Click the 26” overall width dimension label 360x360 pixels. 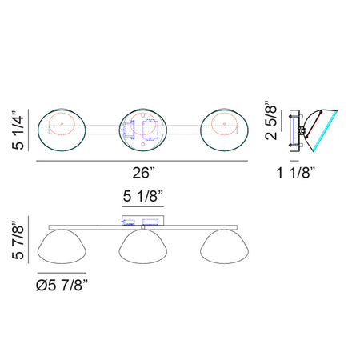tap(143, 173)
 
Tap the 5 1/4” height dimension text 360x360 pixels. tap(18, 130)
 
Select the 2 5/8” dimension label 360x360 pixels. tap(271, 121)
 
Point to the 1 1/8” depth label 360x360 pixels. tap(296, 173)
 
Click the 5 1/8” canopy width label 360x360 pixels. tap(142, 196)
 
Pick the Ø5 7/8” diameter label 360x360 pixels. tap(62, 286)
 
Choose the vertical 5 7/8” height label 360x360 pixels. tap(18, 240)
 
